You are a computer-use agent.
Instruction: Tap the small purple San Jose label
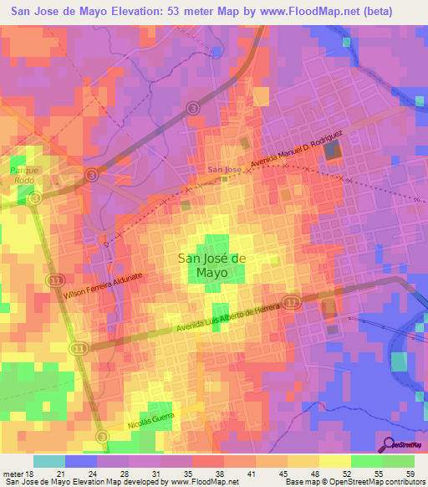(x=224, y=170)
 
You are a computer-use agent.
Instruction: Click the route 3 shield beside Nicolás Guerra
(x=102, y=437)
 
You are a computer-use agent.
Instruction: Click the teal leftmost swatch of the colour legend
(x=48, y=461)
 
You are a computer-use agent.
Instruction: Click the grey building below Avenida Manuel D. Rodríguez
(x=334, y=151)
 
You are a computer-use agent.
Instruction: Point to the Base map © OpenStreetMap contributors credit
(x=353, y=482)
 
